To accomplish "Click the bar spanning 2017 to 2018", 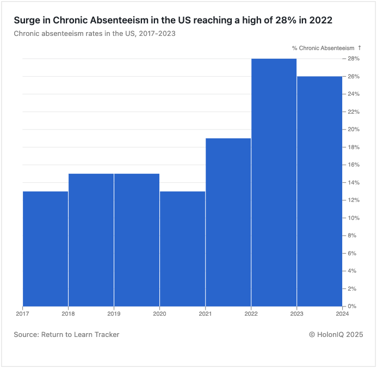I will (x=45, y=248).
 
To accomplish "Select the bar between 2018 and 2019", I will (x=91, y=240).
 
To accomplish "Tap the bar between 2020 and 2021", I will (x=182, y=248).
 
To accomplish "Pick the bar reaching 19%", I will (x=228, y=222).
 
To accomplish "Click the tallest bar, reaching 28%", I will (x=274, y=182).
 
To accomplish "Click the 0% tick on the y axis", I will (x=352, y=306).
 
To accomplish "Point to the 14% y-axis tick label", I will (x=353, y=182).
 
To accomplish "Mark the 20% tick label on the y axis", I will (x=353, y=130).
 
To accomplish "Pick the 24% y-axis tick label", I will (x=353, y=94).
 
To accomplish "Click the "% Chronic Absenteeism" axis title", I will (x=323, y=48).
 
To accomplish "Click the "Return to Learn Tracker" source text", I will (x=80, y=334).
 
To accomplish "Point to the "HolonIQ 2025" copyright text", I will (x=339, y=334).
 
